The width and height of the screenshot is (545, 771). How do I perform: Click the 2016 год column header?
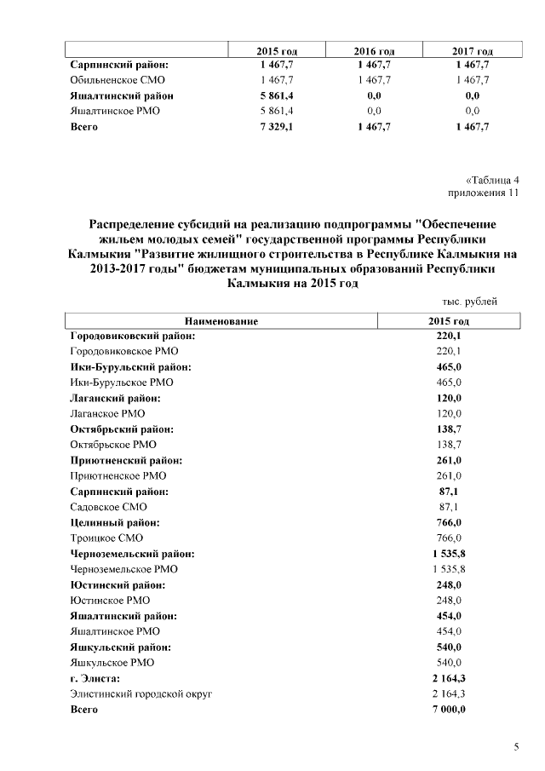(x=375, y=52)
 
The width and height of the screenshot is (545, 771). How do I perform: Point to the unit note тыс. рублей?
(x=470, y=302)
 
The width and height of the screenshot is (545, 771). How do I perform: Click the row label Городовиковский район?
(x=132, y=337)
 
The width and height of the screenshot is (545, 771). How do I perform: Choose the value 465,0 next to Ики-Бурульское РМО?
(x=449, y=383)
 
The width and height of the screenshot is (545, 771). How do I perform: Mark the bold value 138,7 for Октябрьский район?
(x=449, y=429)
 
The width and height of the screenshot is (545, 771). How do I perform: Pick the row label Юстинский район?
(x=118, y=584)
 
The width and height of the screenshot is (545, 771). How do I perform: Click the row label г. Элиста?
(x=95, y=678)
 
